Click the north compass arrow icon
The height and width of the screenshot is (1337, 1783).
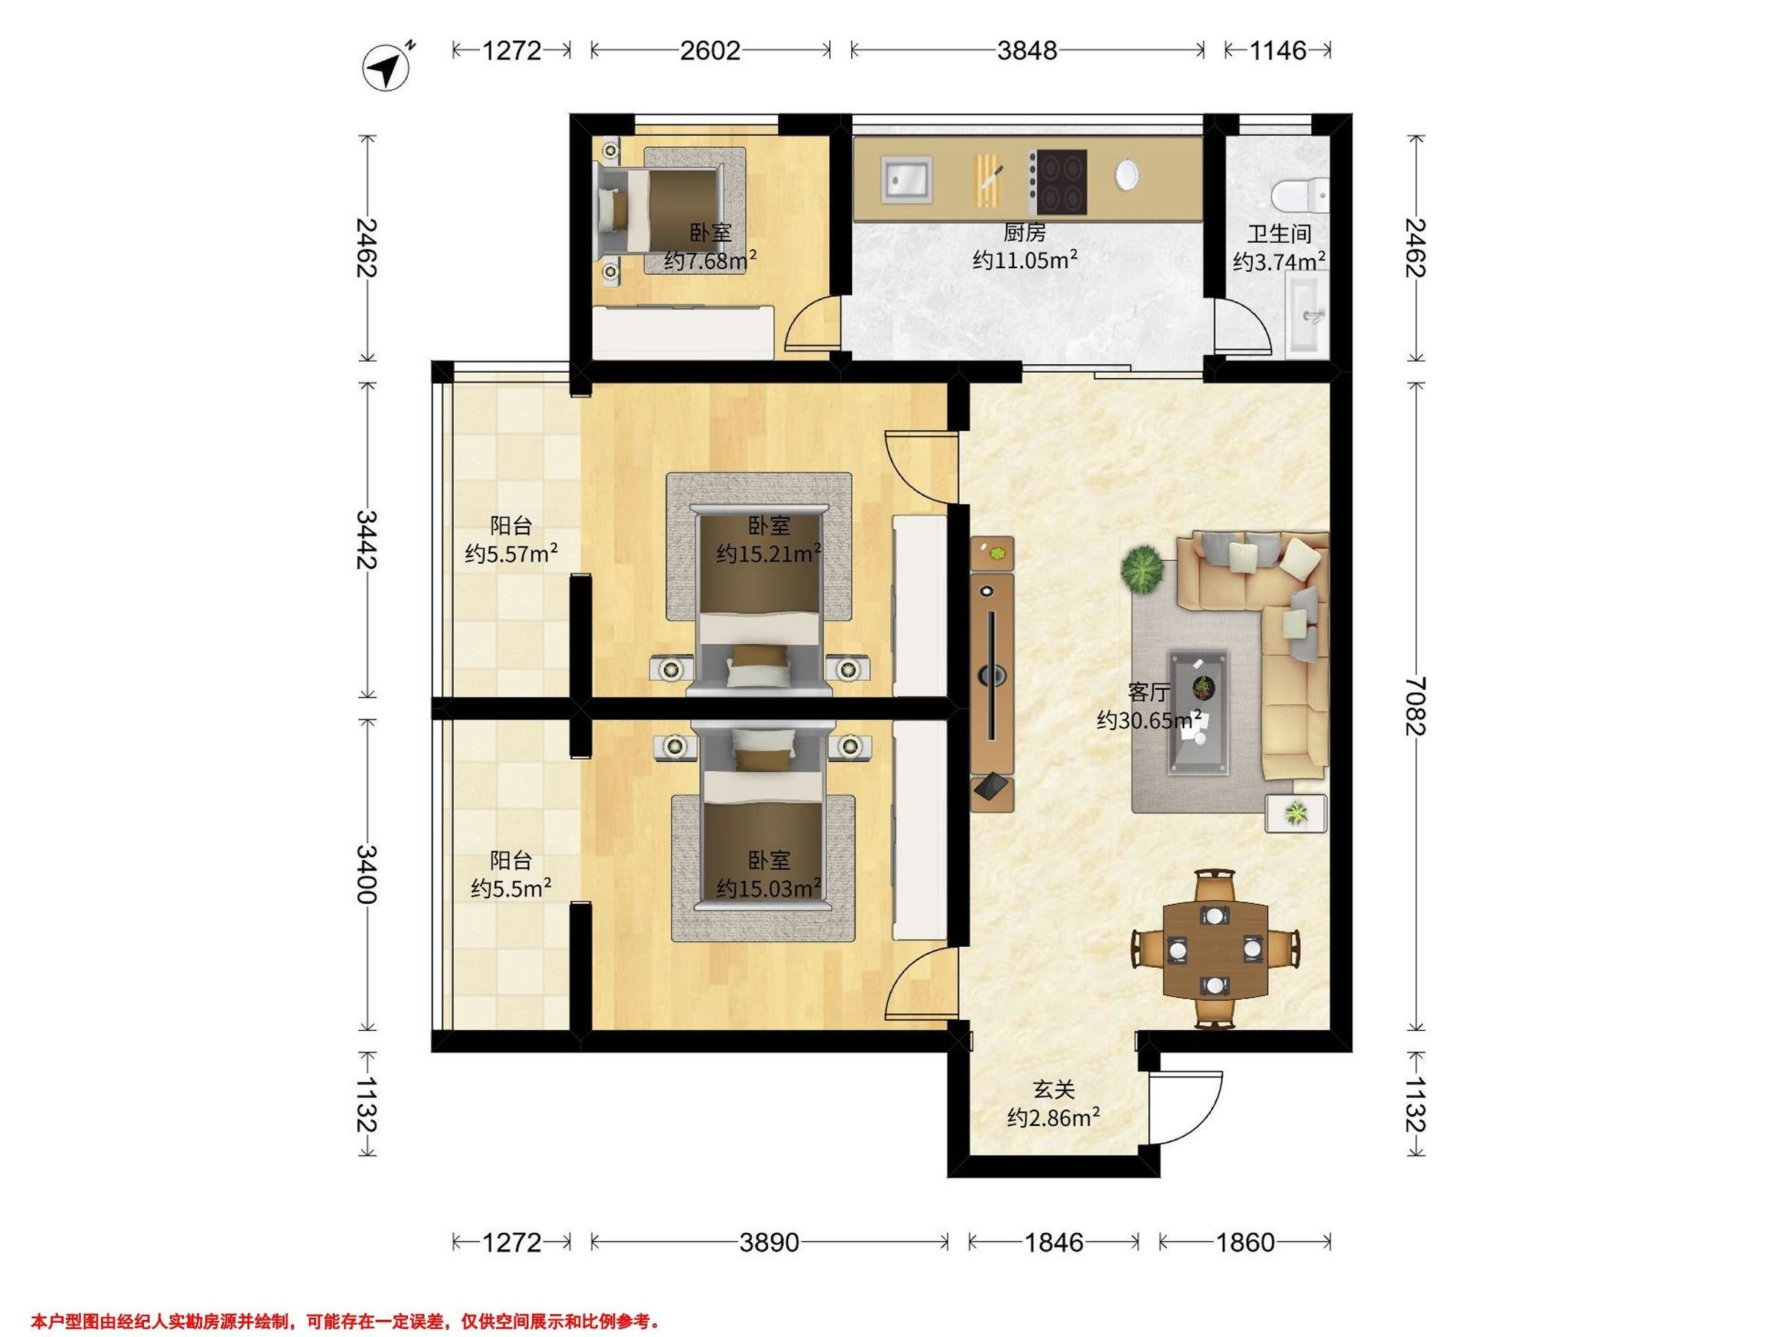388,68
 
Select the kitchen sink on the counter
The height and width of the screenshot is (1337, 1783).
909,180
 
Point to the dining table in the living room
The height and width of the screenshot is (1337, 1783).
1215,949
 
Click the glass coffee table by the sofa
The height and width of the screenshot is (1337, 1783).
1198,711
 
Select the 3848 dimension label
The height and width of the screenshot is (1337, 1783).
1027,51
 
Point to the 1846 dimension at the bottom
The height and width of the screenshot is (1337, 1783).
1053,1243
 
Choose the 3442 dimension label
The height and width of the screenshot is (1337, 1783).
367,539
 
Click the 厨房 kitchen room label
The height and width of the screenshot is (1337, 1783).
1024,234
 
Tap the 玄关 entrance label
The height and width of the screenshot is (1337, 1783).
1053,1090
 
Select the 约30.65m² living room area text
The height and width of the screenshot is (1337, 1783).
1149,720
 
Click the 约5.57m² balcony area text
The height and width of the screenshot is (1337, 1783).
511,553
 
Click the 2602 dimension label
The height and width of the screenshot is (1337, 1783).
709,51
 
